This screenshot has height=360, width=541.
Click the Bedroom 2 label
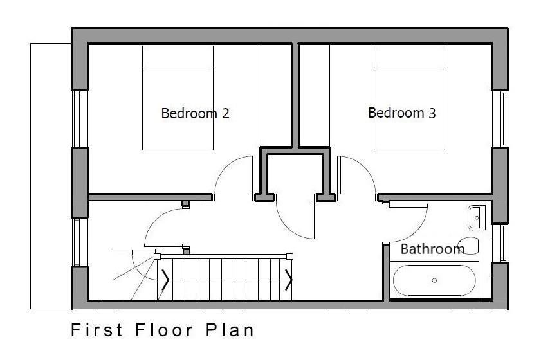[x=196, y=113]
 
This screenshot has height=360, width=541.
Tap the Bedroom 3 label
[x=402, y=113]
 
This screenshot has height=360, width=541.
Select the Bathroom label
[x=432, y=249]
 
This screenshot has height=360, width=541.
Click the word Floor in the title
[x=164, y=330]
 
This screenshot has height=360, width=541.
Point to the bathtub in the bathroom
[x=434, y=280]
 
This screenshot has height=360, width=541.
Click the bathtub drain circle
[x=434, y=280]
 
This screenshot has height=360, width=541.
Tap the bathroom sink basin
[x=477, y=217]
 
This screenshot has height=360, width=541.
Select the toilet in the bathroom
[x=469, y=246]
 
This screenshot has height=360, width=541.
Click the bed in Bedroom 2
[x=178, y=98]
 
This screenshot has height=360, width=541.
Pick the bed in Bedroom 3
[x=409, y=98]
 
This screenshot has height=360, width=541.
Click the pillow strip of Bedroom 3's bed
[x=409, y=57]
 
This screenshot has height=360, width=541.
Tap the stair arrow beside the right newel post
[x=289, y=280]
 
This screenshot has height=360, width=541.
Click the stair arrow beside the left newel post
[x=165, y=280]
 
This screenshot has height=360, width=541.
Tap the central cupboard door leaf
[x=313, y=220]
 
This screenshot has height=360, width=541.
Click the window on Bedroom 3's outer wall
[x=504, y=119]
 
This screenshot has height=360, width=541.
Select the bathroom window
[x=504, y=244]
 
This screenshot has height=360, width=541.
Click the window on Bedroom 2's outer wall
[x=76, y=119]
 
